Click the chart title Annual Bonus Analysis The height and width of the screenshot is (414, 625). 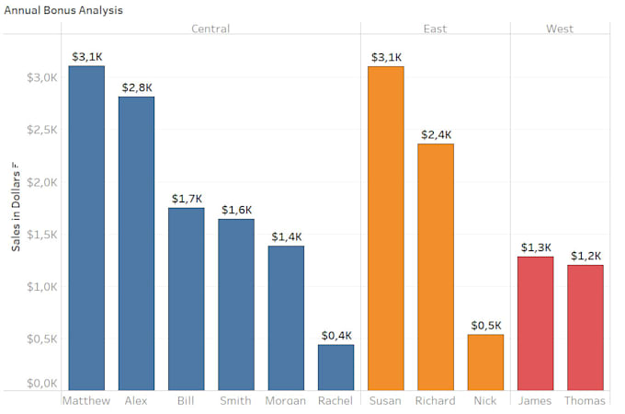[63, 10]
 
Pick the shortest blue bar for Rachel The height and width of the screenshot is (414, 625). [335, 366]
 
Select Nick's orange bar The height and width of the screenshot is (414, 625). [485, 362]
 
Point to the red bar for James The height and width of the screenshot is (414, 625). [535, 322]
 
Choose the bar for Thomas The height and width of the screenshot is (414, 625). [585, 327]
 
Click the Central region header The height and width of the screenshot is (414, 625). [210, 29]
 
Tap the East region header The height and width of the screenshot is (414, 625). [435, 29]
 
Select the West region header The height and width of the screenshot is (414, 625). [560, 29]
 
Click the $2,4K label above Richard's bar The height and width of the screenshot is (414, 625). [436, 134]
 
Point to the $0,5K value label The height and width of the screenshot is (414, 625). [485, 325]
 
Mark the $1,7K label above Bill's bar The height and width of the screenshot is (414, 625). [187, 199]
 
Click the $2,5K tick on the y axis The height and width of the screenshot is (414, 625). [43, 130]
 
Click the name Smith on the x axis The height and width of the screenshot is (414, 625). [236, 401]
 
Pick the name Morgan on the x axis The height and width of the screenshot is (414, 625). [286, 401]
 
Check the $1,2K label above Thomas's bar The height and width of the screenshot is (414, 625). [585, 256]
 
